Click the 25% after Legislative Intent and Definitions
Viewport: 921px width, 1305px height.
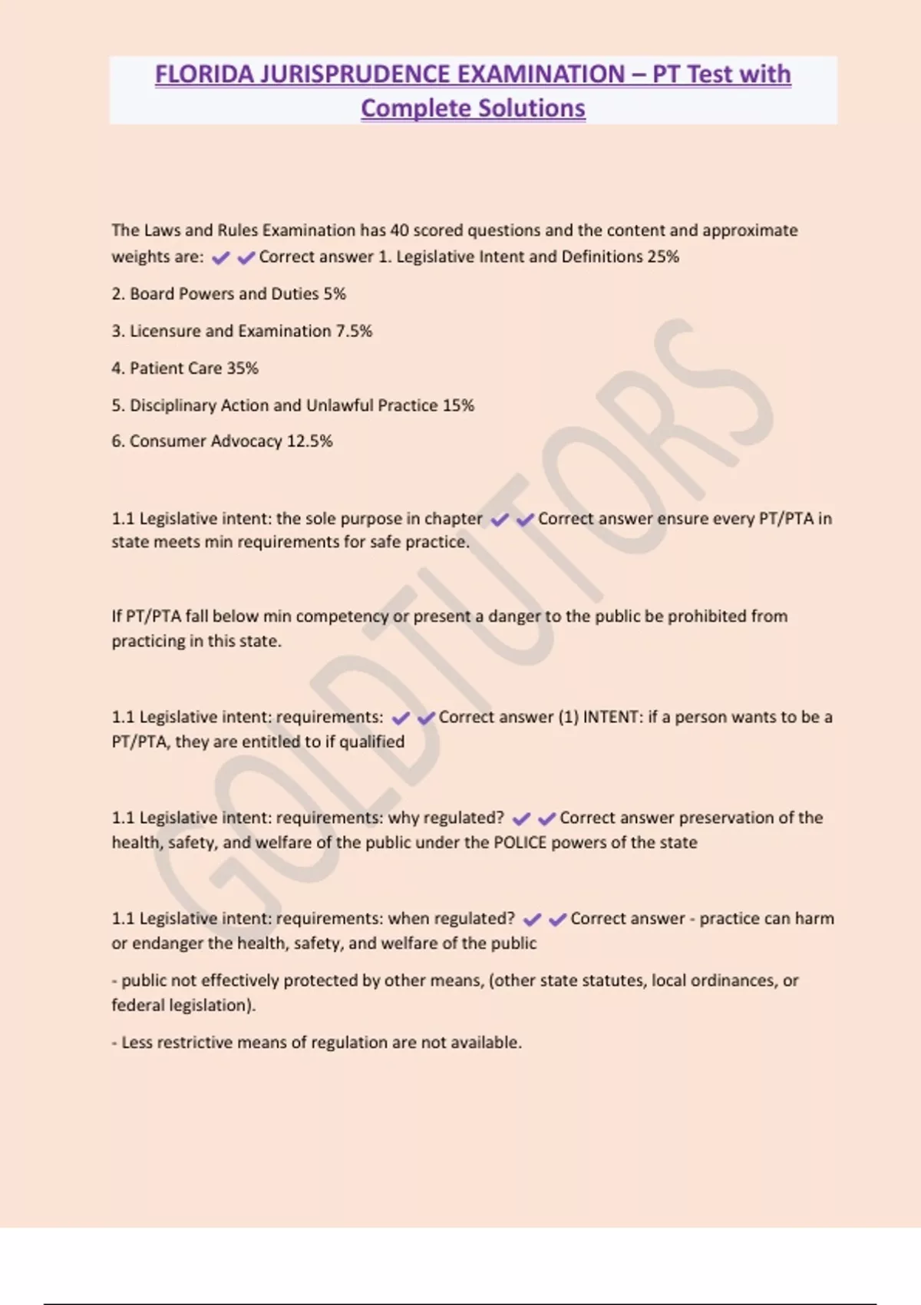click(663, 256)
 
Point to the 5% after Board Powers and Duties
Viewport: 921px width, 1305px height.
click(335, 294)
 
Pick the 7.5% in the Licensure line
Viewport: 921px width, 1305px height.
click(354, 331)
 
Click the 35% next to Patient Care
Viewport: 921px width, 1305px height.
click(243, 368)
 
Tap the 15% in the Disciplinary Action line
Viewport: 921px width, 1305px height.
click(458, 405)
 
